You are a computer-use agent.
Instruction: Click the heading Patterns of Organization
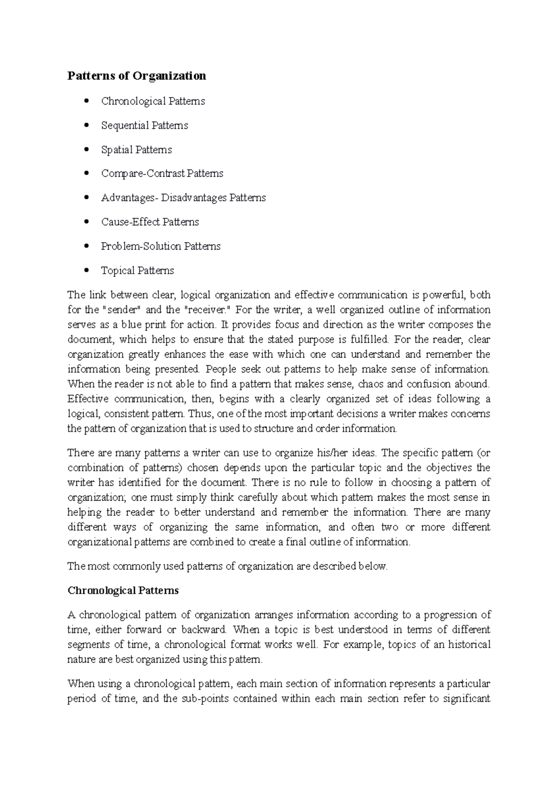137,76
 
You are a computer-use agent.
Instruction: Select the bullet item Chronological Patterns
153,101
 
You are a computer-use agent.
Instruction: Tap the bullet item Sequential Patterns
145,125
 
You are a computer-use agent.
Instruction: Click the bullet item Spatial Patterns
136,150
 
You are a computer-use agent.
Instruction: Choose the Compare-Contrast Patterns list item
162,173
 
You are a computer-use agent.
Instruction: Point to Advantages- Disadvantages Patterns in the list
183,197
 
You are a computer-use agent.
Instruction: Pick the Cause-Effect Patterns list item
150,222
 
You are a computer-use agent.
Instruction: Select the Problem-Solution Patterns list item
160,246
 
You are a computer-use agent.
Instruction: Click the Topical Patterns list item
137,270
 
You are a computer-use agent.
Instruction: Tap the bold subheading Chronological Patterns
123,591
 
